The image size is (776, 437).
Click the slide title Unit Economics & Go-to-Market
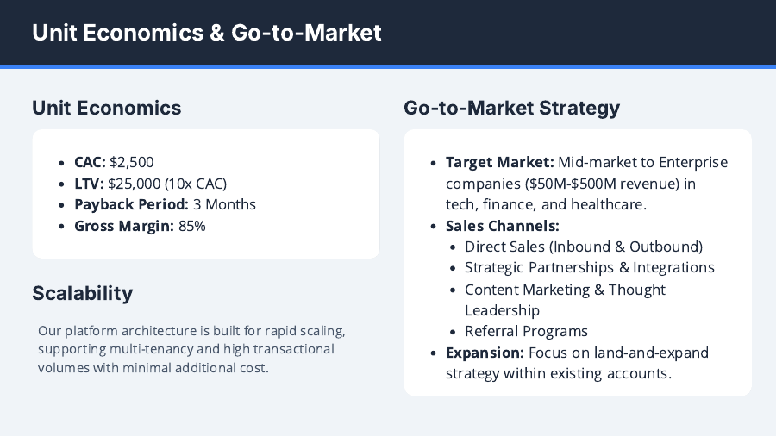[206, 33]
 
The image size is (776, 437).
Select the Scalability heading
[83, 293]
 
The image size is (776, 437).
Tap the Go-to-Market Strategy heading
[511, 108]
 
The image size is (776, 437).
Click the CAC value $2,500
[132, 162]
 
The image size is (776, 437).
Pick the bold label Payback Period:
[131, 204]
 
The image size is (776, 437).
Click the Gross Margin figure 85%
[192, 226]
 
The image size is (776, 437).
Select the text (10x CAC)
[198, 184]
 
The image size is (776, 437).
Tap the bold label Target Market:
[499, 162]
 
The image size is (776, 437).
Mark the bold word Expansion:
[485, 353]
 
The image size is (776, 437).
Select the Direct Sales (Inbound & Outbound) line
[584, 247]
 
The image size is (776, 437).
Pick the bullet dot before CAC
[62, 162]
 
